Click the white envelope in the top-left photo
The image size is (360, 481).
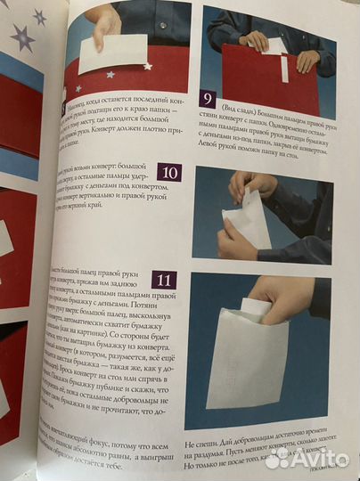click(x=112, y=54)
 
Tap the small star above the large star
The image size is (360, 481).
click(x=39, y=16)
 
